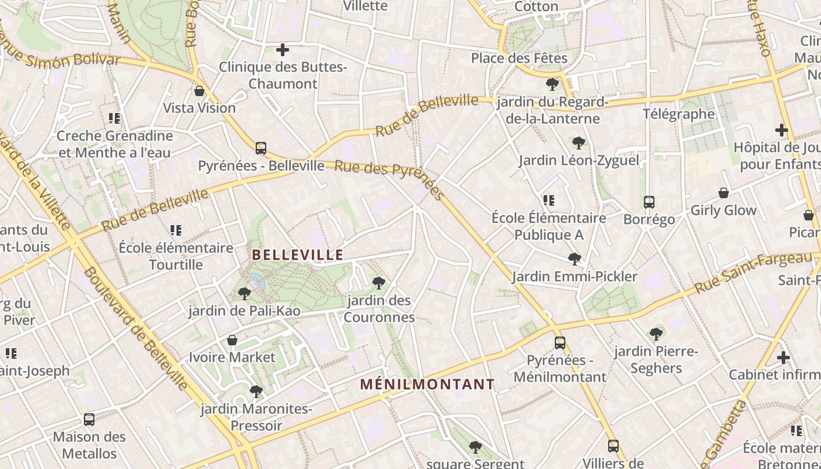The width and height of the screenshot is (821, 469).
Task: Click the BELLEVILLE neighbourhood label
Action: click(x=297, y=255)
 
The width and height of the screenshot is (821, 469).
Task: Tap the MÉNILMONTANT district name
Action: click(x=428, y=385)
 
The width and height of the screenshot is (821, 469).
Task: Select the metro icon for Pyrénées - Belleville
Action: click(x=261, y=148)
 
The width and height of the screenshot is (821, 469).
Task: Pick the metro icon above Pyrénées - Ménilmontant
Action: click(x=560, y=343)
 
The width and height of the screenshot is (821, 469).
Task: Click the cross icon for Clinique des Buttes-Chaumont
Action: click(x=283, y=50)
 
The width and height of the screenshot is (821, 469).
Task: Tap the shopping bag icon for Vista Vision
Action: click(x=199, y=91)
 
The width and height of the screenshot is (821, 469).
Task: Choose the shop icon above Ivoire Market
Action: click(x=232, y=340)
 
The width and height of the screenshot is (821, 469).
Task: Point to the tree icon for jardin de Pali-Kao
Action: click(x=245, y=293)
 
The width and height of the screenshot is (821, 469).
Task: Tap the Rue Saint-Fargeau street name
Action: click(x=754, y=274)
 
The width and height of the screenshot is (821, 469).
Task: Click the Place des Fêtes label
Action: click(x=520, y=58)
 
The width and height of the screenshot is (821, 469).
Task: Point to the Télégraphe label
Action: click(x=679, y=114)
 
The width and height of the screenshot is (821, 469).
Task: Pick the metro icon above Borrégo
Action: click(x=649, y=202)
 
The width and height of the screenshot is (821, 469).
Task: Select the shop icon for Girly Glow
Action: click(x=724, y=193)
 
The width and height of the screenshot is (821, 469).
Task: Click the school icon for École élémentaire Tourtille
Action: click(x=176, y=230)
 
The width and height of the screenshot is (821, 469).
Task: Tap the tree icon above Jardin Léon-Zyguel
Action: click(x=579, y=142)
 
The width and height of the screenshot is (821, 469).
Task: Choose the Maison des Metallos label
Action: click(x=90, y=445)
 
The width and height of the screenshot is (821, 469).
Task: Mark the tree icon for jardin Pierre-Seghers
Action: click(x=656, y=334)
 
